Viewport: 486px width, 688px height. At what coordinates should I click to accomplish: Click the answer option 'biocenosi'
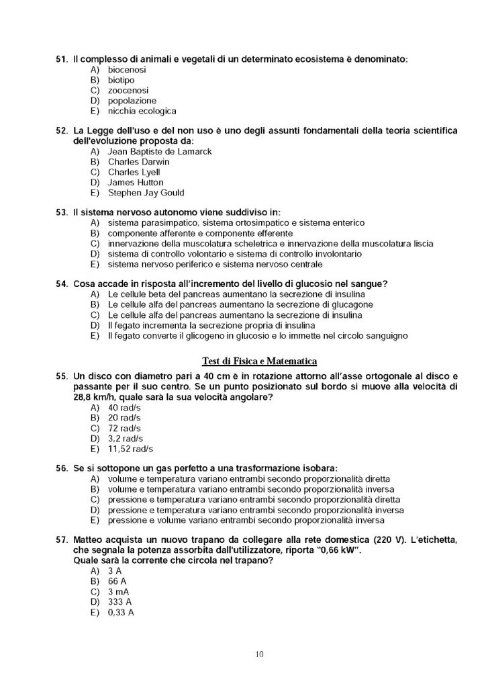point(127,69)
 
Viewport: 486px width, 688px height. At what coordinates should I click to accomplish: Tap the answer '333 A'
point(119,602)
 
